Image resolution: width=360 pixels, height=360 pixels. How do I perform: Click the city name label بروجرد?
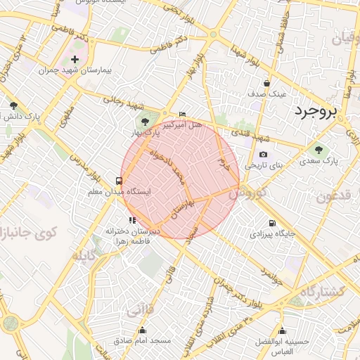pos(316,111)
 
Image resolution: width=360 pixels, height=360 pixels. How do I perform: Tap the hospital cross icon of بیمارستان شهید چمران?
pos(75,59)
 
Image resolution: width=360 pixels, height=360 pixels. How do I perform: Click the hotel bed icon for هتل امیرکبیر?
pos(183,114)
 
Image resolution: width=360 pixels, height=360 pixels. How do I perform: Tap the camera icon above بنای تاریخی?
pos(263,155)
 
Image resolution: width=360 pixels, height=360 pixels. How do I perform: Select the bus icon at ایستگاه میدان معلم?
pos(119,181)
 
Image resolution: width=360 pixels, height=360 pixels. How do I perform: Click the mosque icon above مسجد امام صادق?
pos(143,330)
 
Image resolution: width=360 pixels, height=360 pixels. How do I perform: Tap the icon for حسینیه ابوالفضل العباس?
pos(283,331)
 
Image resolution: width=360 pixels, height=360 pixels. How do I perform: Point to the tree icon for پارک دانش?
pos(13,105)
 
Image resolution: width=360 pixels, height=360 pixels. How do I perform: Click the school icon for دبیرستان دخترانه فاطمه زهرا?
pos(132,220)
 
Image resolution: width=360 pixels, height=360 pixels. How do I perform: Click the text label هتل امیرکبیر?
pos(183,124)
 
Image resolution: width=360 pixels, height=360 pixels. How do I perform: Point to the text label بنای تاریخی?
pos(263,165)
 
